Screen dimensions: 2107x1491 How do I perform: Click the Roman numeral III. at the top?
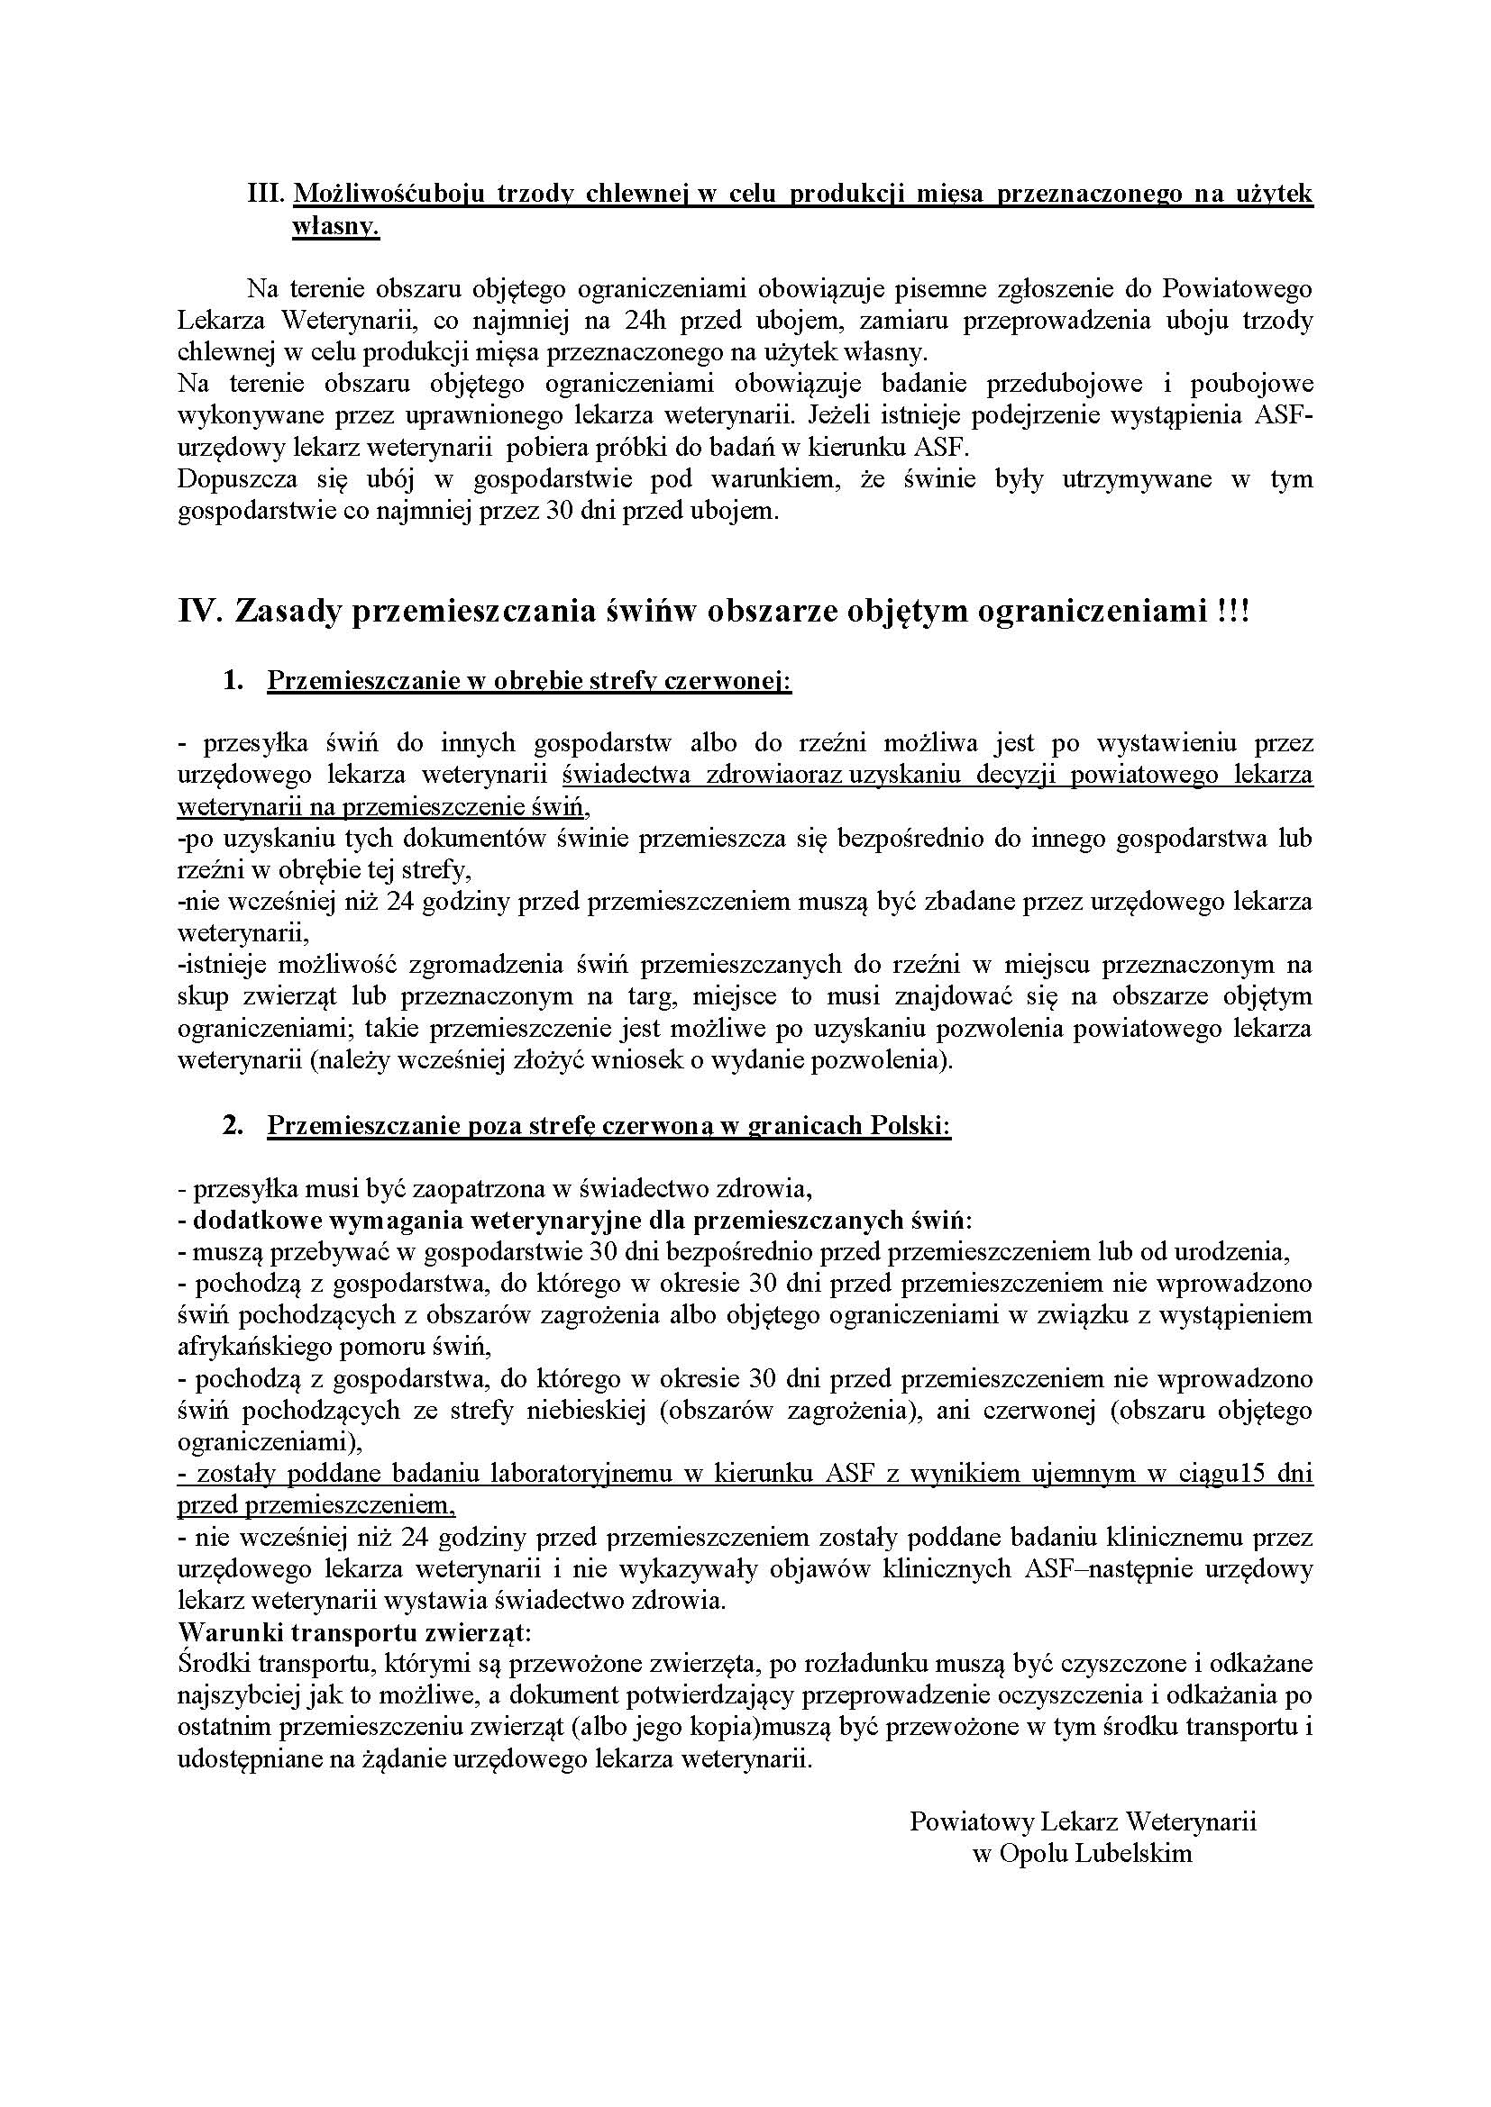267,195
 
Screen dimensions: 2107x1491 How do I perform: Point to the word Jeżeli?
842,415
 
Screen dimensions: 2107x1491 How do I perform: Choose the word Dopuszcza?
232,479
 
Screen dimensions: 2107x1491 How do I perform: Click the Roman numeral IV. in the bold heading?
199,611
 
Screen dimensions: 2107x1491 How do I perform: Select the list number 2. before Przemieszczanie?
233,1125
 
